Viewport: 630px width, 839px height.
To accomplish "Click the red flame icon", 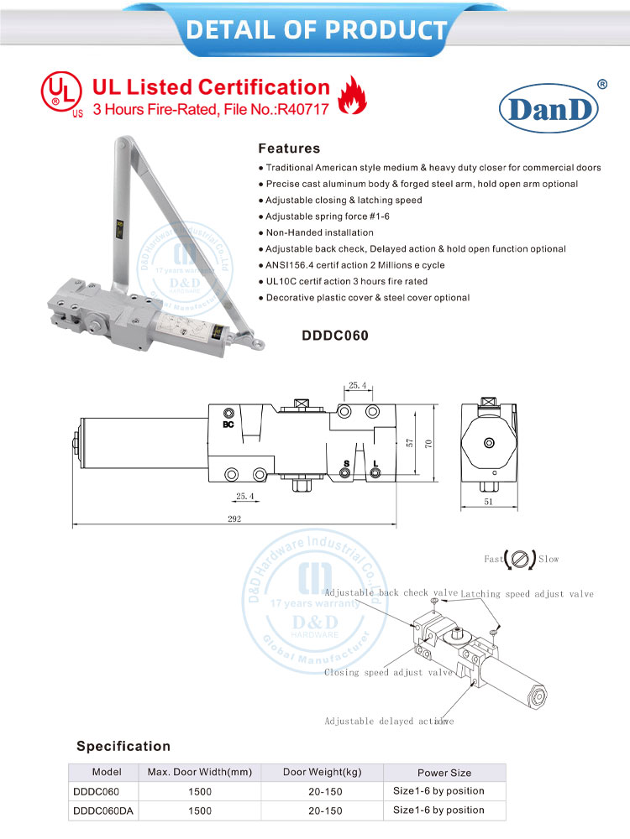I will point(347,95).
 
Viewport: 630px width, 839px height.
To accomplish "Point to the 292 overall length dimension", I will point(234,519).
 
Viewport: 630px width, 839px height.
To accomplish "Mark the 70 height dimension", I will point(428,444).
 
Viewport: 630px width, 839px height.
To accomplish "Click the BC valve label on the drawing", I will point(228,425).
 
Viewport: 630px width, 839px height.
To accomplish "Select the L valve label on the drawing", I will point(375,464).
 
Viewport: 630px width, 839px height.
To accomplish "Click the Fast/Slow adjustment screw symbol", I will point(519,558).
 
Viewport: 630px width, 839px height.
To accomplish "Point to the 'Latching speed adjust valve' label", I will point(527,594).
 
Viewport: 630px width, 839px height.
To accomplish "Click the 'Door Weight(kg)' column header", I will point(323,772).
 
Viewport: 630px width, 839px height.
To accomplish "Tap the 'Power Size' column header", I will point(444,772).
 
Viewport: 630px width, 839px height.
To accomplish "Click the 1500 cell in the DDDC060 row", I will point(200,791).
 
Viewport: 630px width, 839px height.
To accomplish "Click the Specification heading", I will point(123,746).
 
